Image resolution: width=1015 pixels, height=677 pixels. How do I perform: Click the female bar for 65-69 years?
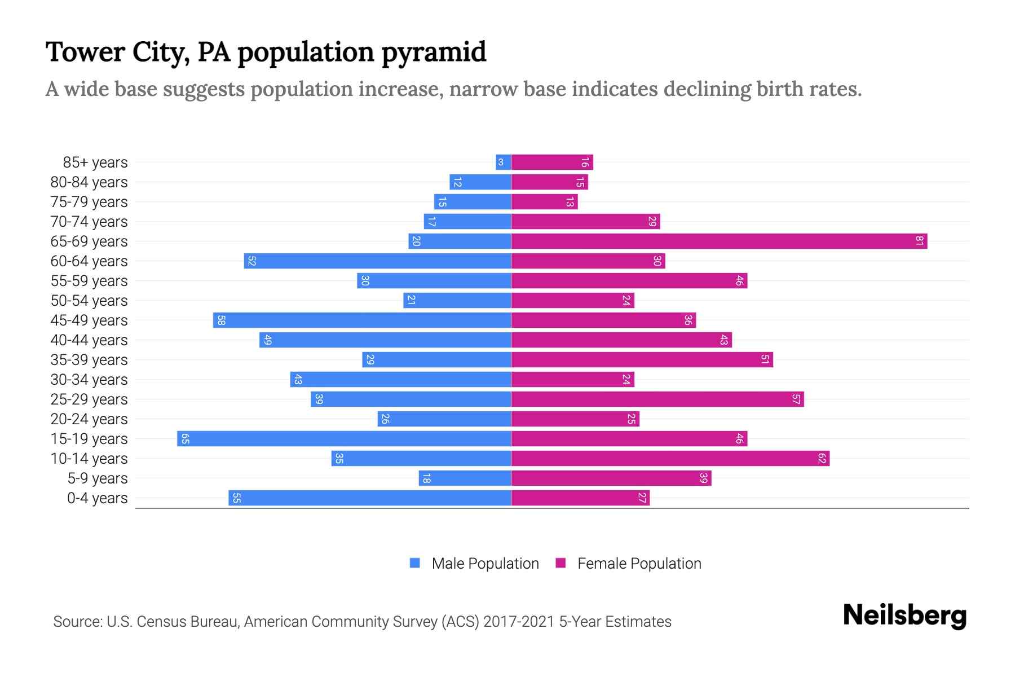click(719, 241)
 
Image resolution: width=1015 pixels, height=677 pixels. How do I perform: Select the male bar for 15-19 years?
click(344, 439)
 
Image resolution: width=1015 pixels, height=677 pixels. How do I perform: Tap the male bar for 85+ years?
click(503, 162)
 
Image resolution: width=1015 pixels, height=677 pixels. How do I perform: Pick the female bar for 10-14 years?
click(670, 459)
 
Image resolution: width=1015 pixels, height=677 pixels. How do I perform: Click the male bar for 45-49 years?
click(362, 320)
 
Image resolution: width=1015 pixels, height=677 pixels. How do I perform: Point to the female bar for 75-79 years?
click(544, 202)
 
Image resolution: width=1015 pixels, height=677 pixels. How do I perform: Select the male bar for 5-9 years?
click(465, 478)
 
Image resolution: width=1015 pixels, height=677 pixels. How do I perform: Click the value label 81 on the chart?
click(919, 241)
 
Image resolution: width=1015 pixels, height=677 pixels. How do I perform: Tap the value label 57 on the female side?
click(796, 399)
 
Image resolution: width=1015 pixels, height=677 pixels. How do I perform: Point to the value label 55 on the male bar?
click(237, 498)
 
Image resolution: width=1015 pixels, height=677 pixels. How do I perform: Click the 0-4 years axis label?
click(97, 498)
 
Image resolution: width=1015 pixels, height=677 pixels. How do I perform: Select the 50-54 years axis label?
click(89, 301)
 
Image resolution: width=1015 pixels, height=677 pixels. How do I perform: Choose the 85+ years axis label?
click(95, 162)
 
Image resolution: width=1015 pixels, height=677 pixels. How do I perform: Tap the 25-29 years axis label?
click(89, 399)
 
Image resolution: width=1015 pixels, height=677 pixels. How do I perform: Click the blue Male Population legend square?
click(415, 563)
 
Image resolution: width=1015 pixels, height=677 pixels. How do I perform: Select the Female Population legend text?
click(639, 563)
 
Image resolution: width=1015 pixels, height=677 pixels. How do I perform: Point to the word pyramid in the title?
click(434, 52)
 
